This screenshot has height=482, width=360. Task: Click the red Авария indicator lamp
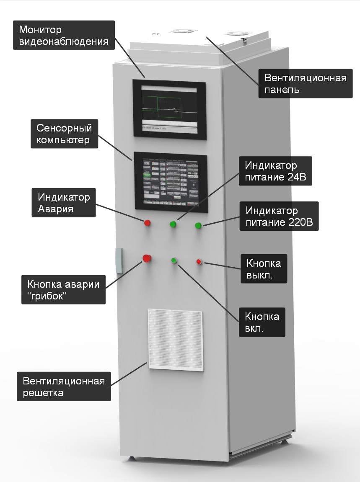(147, 222)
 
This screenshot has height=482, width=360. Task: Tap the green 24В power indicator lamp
(173, 224)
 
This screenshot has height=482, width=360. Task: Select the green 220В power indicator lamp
(198, 226)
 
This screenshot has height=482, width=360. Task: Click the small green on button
(174, 260)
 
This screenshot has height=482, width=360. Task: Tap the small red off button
(199, 262)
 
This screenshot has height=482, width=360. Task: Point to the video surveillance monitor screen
(169, 108)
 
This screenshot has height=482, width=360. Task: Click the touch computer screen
(171, 181)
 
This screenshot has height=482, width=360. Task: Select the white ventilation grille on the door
(176, 340)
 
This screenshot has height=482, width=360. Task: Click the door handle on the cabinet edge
(119, 260)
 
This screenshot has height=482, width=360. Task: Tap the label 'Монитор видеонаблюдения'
(64, 36)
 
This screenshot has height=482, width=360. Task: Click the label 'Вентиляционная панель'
(305, 84)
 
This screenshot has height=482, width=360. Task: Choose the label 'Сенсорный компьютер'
(65, 134)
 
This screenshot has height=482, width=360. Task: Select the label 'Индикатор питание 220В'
(279, 216)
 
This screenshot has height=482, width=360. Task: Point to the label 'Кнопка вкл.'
(262, 322)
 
